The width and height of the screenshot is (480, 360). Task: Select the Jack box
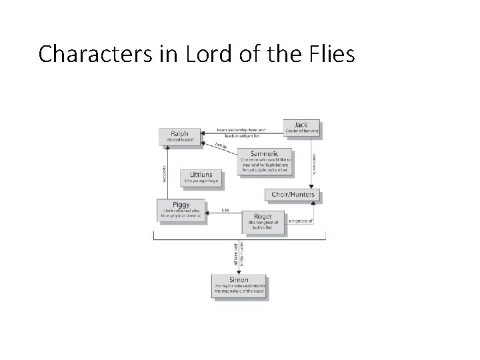pos(302,127)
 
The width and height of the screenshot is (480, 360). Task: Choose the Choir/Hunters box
pos(293,195)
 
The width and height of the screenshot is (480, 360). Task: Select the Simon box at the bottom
pos(240,285)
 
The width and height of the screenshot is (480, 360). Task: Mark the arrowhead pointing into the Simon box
pos(240,270)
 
